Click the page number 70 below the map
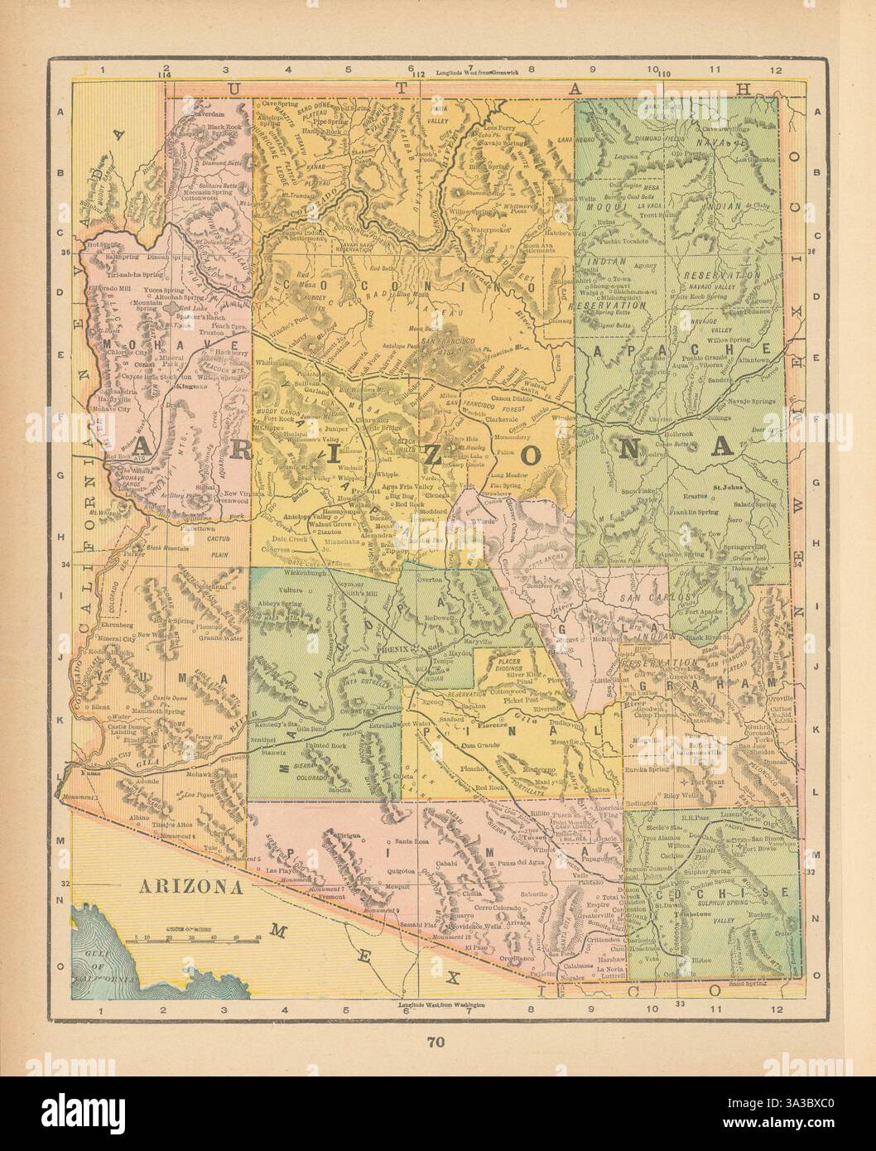point(438,1043)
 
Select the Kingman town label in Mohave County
point(193,388)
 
